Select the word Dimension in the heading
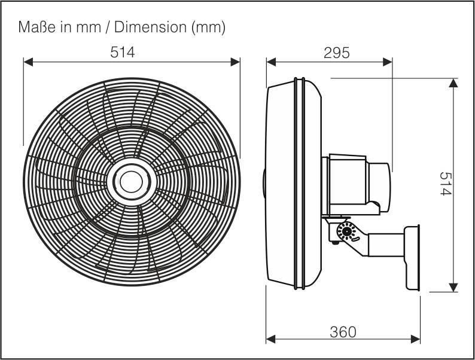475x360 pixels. point(150,28)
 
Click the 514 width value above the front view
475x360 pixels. point(123,52)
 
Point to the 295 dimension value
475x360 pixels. point(336,52)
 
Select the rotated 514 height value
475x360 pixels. point(446,184)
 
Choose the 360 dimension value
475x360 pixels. point(343,331)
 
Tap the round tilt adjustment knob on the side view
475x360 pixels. point(345,231)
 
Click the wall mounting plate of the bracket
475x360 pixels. point(413,258)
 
